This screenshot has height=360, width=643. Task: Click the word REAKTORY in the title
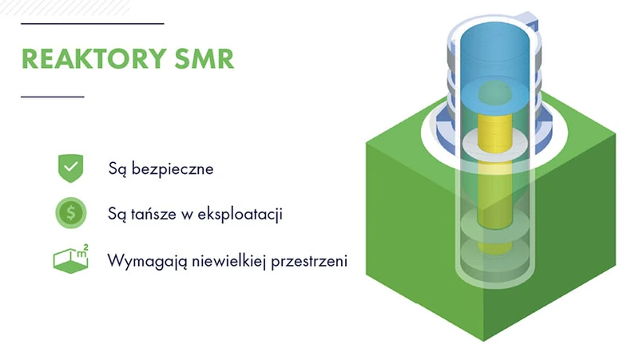pos(94,58)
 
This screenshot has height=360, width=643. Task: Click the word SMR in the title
pos(204,58)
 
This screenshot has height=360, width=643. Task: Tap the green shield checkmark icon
pos(71,168)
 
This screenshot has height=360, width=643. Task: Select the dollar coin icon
pos(71,213)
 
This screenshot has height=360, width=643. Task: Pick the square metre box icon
pos(70,259)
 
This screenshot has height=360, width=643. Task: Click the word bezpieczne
pos(173,168)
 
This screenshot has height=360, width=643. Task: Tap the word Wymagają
pos(147,261)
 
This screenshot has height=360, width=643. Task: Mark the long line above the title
pos(93,24)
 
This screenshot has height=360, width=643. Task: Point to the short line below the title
pos(53,97)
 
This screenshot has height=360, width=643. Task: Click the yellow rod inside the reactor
pos(495,172)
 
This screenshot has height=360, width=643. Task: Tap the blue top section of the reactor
pos(495,61)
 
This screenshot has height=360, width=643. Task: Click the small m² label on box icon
pos(82,251)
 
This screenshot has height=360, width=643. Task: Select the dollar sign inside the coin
pos(71,213)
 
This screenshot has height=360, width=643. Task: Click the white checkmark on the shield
pos(71,167)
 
